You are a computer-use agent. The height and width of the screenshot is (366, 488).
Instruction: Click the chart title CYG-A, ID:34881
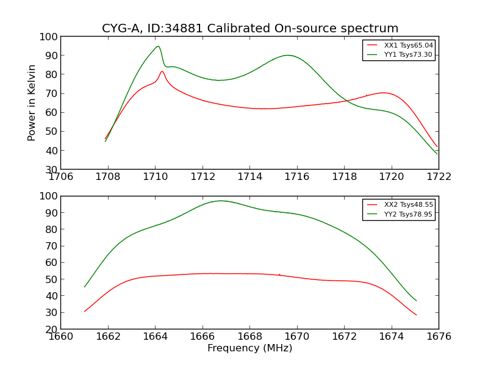point(249,29)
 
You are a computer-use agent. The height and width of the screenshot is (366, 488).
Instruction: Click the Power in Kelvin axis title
point(32,102)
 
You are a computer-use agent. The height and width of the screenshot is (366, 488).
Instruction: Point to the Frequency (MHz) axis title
point(249,348)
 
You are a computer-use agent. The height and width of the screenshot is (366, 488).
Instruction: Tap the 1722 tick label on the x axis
point(439,177)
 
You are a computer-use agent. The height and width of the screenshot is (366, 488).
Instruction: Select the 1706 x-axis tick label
point(61,177)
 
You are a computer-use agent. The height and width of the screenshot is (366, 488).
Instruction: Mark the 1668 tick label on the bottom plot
point(249,336)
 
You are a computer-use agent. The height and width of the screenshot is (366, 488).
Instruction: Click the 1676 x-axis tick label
point(439,336)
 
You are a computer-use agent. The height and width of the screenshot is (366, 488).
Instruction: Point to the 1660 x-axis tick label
point(61,336)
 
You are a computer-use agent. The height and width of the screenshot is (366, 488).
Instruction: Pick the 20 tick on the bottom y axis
point(50,329)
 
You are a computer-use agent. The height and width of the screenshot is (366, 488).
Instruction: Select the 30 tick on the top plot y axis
point(50,170)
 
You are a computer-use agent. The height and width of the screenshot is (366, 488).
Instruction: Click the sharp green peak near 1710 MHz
point(158,46)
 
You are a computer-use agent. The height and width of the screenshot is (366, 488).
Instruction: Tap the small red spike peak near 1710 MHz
point(162,71)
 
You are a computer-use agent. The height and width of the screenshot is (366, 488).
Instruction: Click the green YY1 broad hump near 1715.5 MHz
point(287,56)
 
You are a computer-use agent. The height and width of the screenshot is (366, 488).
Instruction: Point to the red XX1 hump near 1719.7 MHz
point(383,93)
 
